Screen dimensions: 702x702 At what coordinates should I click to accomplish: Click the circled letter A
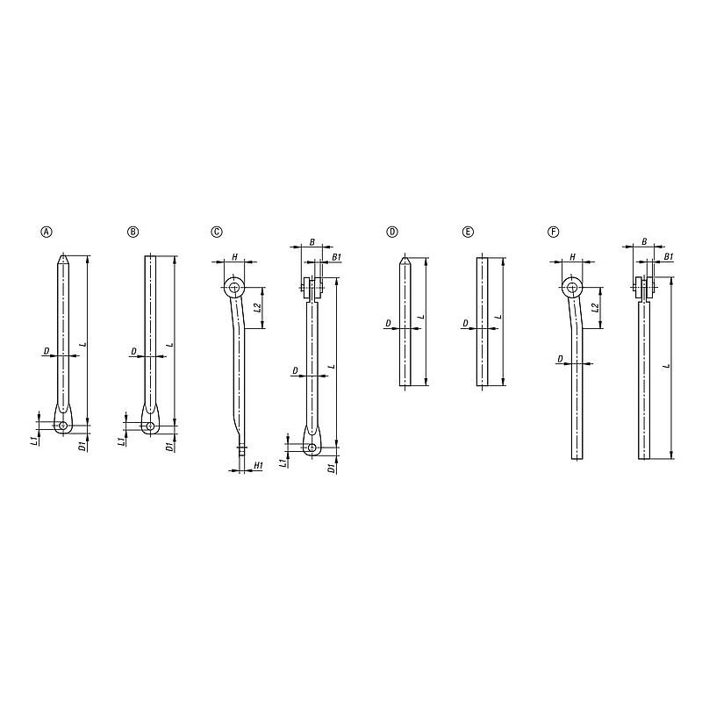(47, 232)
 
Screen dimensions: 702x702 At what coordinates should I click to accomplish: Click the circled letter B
(133, 232)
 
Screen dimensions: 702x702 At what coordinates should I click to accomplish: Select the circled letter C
(217, 232)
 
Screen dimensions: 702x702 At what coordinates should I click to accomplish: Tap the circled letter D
(391, 232)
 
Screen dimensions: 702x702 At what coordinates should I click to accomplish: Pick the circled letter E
(468, 232)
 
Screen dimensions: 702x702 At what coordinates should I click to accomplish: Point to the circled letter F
(554, 232)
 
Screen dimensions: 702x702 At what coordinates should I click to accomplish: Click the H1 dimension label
(258, 466)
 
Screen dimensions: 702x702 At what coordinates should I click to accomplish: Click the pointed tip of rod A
(63, 255)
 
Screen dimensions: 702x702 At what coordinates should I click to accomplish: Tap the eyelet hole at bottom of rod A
(63, 426)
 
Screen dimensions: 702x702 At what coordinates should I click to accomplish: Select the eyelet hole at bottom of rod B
(150, 426)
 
